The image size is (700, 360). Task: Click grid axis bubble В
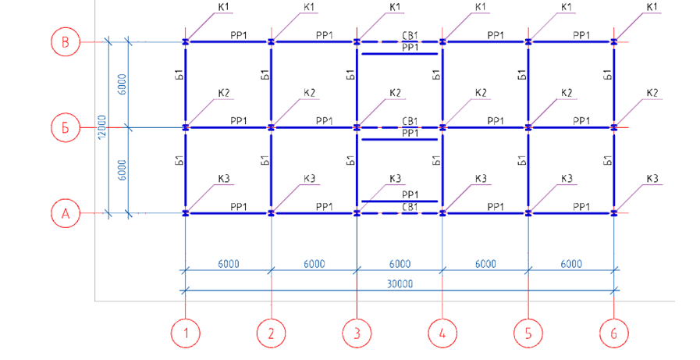click(x=66, y=41)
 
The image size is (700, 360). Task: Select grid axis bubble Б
click(x=66, y=127)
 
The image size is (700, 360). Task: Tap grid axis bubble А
click(x=66, y=212)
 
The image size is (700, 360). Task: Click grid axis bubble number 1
click(x=185, y=333)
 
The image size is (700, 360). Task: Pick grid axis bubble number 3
click(x=357, y=333)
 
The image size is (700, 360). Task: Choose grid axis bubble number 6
click(x=614, y=333)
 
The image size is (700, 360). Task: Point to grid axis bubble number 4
click(x=442, y=333)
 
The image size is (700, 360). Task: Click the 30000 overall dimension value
click(x=399, y=284)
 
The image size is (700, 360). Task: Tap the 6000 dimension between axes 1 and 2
click(x=228, y=264)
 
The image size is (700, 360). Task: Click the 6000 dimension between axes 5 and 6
click(x=571, y=264)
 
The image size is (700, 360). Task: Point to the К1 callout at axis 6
click(x=652, y=8)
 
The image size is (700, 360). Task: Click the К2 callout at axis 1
click(x=224, y=94)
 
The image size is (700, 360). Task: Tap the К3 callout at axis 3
click(x=395, y=179)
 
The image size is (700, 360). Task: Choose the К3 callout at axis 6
click(x=652, y=179)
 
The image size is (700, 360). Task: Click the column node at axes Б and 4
click(x=442, y=127)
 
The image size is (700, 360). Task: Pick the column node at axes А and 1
click(x=185, y=212)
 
